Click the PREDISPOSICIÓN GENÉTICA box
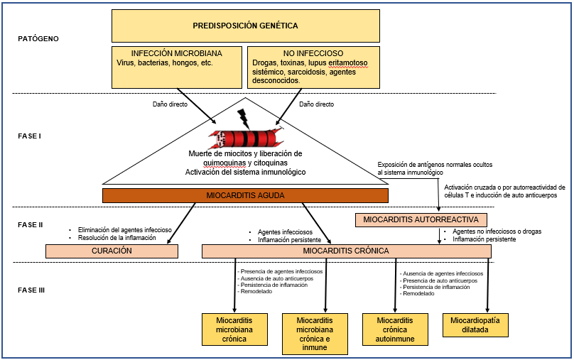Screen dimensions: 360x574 click(245, 26)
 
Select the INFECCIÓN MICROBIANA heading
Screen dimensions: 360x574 click(175, 53)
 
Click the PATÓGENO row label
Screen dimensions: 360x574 click(38, 38)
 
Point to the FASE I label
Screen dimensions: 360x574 click(31, 135)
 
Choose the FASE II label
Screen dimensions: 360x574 click(32, 224)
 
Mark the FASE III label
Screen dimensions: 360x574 click(33, 290)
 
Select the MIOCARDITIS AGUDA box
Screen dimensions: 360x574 click(245, 196)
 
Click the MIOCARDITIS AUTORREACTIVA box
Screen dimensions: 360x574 click(421, 219)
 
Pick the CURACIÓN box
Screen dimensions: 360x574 click(112, 251)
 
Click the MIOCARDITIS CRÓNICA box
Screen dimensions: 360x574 click(346, 251)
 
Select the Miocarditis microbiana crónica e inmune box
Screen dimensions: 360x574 click(315, 334)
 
